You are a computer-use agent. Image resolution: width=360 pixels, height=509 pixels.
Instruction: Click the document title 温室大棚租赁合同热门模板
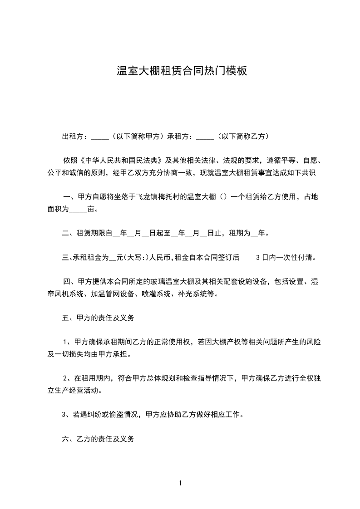(x=182, y=71)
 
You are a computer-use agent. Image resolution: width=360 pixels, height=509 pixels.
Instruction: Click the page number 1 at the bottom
(x=180, y=483)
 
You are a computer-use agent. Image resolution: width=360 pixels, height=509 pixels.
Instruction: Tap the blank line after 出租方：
(x=100, y=137)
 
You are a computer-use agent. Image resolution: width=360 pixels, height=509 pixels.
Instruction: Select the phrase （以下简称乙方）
(x=243, y=136)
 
